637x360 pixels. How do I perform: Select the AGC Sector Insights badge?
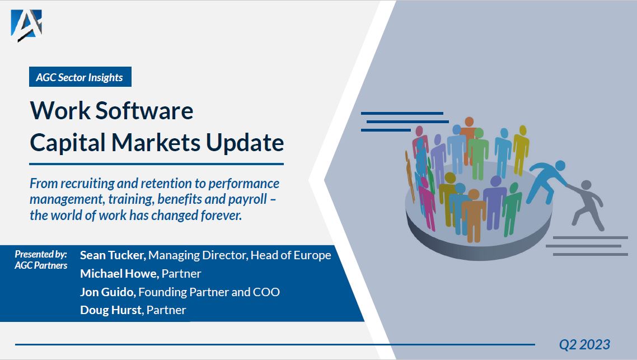coord(79,77)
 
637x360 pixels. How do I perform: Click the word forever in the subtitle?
coord(221,216)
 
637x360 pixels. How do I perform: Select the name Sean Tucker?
coord(113,255)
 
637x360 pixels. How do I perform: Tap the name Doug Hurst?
coord(111,310)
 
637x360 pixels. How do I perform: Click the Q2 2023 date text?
coord(584,344)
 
